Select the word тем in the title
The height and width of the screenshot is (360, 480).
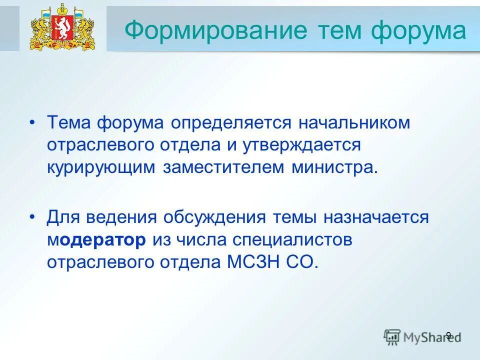coord(340,30)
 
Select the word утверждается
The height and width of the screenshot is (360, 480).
coord(303,145)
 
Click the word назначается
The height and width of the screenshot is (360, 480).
coord(375,217)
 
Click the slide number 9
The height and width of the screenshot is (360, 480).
coord(448,335)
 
